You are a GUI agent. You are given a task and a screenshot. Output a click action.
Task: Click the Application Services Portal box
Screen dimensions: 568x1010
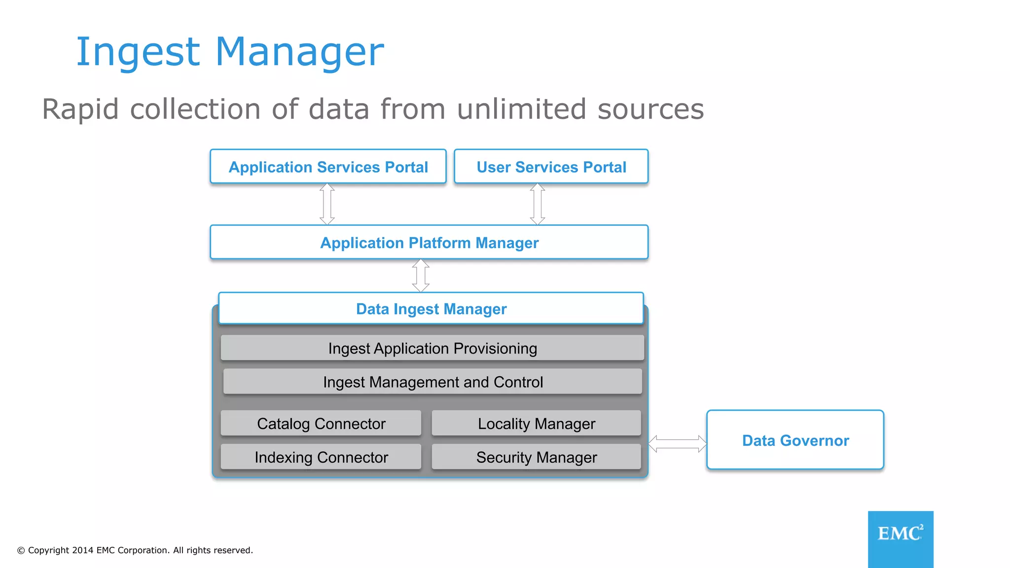tap(328, 167)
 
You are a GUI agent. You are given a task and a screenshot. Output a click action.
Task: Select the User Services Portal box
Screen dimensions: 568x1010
tap(551, 167)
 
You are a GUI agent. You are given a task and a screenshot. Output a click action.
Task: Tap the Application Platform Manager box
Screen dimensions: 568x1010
tap(429, 243)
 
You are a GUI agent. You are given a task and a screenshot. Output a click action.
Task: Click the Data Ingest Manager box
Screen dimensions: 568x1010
tap(431, 309)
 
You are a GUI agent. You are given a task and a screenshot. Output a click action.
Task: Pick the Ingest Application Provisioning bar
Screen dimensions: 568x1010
tap(432, 348)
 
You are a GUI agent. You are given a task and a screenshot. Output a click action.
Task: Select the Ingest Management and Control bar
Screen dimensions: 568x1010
tap(433, 382)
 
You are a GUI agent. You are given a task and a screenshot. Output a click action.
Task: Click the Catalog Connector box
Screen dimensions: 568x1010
tap(321, 424)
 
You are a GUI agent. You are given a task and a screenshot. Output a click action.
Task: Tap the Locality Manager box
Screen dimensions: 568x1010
tap(536, 424)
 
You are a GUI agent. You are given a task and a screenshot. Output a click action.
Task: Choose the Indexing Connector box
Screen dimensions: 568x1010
tap(321, 457)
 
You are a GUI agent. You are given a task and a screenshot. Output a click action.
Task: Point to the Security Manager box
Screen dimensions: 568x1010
tap(536, 457)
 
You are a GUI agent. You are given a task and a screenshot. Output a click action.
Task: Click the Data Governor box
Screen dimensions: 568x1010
tap(795, 440)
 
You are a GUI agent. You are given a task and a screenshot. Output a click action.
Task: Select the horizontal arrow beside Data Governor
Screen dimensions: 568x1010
tap(677, 444)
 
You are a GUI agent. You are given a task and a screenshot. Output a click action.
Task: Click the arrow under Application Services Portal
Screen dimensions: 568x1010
tap(327, 204)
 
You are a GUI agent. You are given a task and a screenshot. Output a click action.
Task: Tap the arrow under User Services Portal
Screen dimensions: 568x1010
tap(538, 204)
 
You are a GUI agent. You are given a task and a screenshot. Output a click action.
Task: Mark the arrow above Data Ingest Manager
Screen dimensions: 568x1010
tap(421, 276)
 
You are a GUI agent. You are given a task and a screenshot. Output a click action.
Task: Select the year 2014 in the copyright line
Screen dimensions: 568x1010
tap(82, 550)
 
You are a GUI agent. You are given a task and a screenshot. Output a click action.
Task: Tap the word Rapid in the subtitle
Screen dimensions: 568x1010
tap(80, 109)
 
